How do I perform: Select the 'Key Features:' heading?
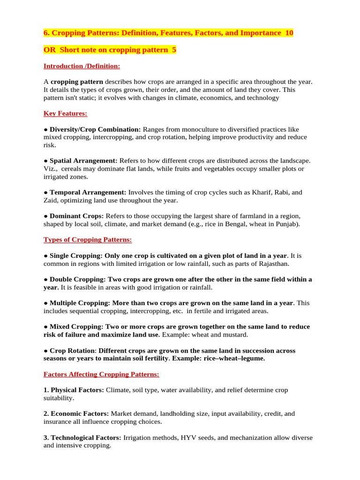pos(65,113)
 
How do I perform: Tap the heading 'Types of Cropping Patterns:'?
pos(88,240)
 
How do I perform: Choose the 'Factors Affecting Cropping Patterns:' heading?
pos(101,374)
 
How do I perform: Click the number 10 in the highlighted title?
pos(289,33)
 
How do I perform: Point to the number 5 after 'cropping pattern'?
pos(174,50)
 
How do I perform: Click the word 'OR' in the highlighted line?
pos(49,50)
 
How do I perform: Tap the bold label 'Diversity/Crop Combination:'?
pos(95,129)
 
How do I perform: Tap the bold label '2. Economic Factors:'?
pos(76,413)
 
